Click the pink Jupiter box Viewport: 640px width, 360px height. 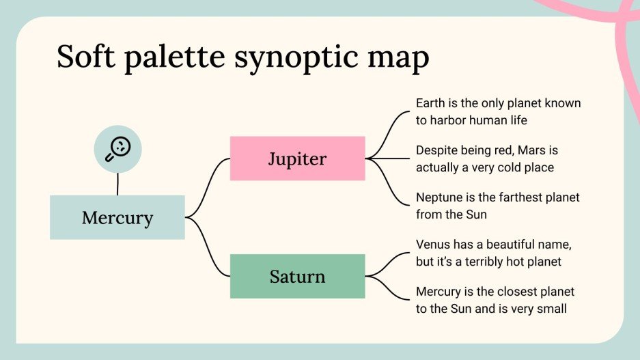pos(297,158)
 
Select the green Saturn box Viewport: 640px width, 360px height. pos(297,276)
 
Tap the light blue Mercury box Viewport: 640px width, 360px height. pos(117,217)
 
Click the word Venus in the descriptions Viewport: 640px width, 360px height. pos(432,244)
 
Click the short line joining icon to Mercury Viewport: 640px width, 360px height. pos(117,183)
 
